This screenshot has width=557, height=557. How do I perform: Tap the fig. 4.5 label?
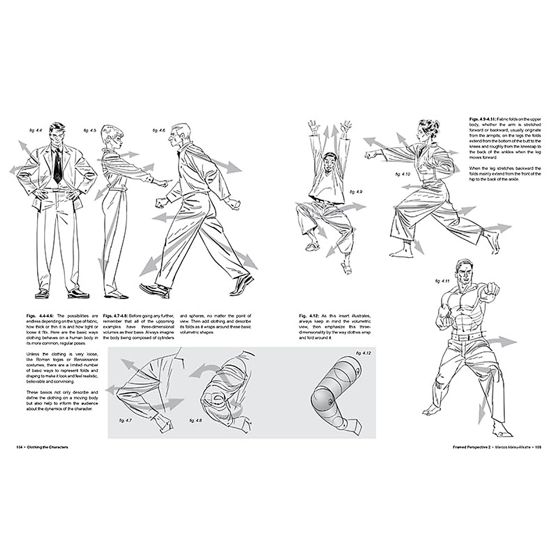pyautogui.click(x=90, y=131)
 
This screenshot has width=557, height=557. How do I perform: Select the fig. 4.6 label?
pyautogui.click(x=159, y=131)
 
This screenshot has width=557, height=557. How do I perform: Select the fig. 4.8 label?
pyautogui.click(x=195, y=420)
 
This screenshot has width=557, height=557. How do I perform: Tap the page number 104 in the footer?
pyautogui.click(x=19, y=448)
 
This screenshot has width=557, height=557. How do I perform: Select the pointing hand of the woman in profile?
pyautogui.click(x=160, y=184)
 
